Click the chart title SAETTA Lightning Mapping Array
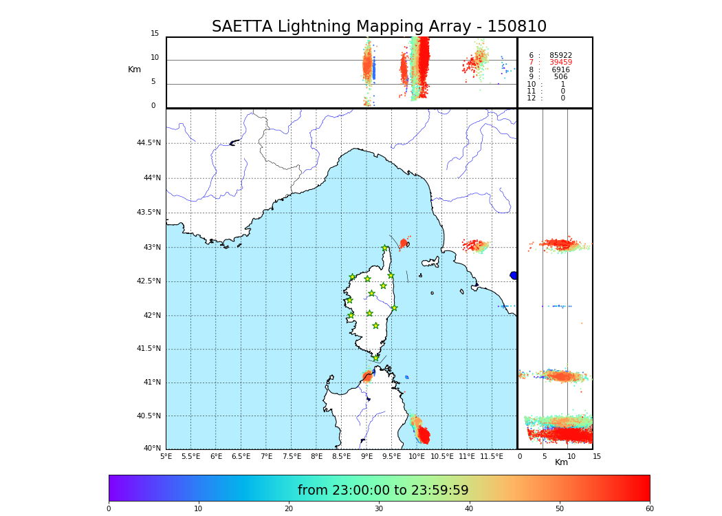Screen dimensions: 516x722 (379, 27)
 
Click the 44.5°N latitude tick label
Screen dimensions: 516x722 (149, 143)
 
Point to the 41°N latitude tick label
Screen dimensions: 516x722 (151, 383)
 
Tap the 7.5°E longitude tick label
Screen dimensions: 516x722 (292, 457)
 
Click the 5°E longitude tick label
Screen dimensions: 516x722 (166, 457)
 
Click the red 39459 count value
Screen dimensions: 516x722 (560, 63)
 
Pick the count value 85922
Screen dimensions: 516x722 (560, 56)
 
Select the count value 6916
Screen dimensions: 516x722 (560, 70)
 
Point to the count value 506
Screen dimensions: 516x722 (560, 77)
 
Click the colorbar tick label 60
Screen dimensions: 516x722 (649, 509)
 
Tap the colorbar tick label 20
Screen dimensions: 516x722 (289, 509)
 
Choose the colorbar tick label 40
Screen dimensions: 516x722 (469, 509)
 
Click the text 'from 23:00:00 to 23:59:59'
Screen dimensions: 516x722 (383, 491)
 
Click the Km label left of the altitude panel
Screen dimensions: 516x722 (135, 69)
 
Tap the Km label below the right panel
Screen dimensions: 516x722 (561, 462)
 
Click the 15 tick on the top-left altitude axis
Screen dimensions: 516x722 (155, 34)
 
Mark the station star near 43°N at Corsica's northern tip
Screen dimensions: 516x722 (385, 248)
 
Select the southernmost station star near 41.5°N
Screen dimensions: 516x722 (375, 358)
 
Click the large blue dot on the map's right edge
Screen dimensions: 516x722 (514, 275)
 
